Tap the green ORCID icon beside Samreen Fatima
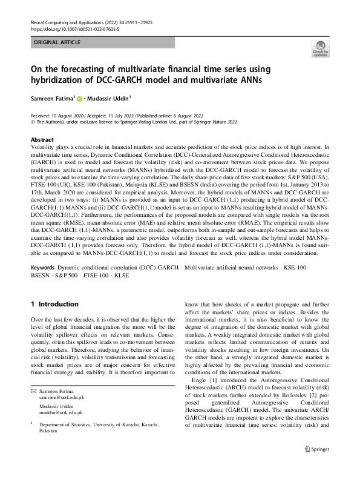pos(79,98)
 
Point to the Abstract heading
pos(42,139)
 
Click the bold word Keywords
pos(43,249)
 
